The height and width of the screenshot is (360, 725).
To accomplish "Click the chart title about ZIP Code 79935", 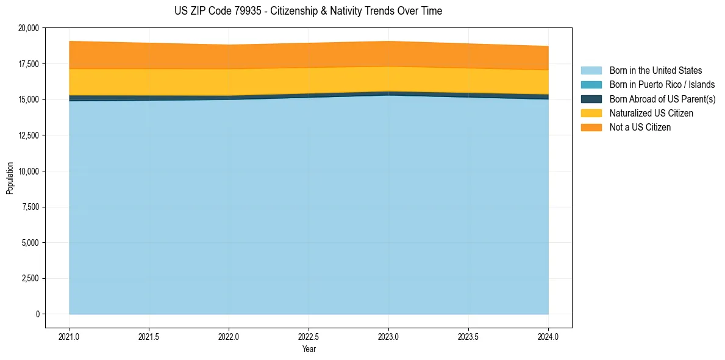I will pyautogui.click(x=308, y=11).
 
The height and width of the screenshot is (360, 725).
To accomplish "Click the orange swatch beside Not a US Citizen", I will pyautogui.click(x=591, y=128).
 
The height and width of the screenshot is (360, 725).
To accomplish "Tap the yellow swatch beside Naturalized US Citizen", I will pyautogui.click(x=591, y=113).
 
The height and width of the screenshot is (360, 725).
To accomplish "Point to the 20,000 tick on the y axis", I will pyautogui.click(x=29, y=28).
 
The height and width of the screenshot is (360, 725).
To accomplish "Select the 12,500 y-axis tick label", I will pyautogui.click(x=29, y=135).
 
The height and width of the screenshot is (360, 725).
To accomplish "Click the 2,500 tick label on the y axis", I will pyautogui.click(x=30, y=279).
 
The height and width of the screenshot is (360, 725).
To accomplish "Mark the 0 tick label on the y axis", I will pyautogui.click(x=37, y=314).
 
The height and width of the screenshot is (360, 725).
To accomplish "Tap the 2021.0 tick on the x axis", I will pyautogui.click(x=69, y=336).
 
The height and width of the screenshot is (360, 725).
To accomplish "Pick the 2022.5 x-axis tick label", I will pyautogui.click(x=309, y=336).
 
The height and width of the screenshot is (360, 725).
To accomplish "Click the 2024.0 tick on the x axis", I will pyautogui.click(x=548, y=336).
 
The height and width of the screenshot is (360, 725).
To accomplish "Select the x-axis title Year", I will pyautogui.click(x=309, y=349).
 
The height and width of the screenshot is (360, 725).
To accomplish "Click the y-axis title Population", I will pyautogui.click(x=10, y=178).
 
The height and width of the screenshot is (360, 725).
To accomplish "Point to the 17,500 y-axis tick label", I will pyautogui.click(x=29, y=64).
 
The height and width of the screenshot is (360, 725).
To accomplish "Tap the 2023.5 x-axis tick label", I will pyautogui.click(x=468, y=336).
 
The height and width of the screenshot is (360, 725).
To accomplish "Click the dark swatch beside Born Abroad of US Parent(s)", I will pyautogui.click(x=591, y=99).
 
